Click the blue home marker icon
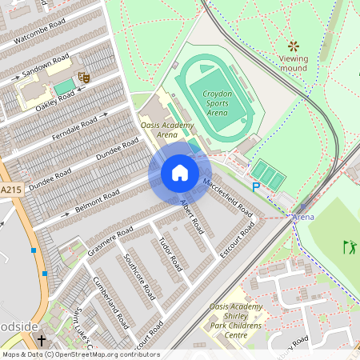(x=180, y=173)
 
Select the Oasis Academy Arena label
(x=158, y=130)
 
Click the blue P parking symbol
(x=256, y=187)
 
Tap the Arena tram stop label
(x=302, y=217)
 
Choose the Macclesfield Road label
(x=228, y=198)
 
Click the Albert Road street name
(x=193, y=212)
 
